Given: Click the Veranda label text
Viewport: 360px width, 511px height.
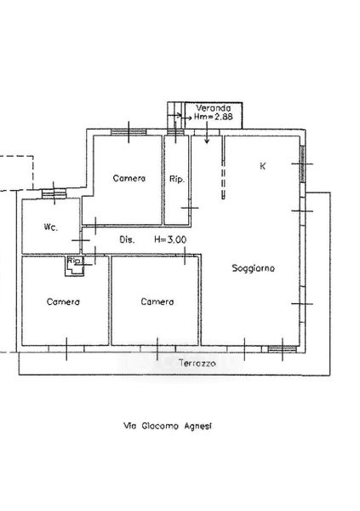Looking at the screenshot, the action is pyautogui.click(x=214, y=108).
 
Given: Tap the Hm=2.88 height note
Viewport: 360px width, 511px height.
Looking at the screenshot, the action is pyautogui.click(x=214, y=117).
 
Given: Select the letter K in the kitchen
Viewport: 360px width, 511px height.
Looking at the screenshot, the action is pyautogui.click(x=263, y=166).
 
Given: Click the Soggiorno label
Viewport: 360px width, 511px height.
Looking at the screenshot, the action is pyautogui.click(x=253, y=268).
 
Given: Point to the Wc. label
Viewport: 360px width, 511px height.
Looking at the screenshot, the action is pyautogui.click(x=51, y=227).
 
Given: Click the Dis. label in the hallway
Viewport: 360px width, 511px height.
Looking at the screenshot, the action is pyautogui.click(x=127, y=240).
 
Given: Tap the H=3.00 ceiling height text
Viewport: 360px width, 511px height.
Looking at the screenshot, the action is pyautogui.click(x=170, y=240).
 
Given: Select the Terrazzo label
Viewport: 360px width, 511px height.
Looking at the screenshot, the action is pyautogui.click(x=197, y=364).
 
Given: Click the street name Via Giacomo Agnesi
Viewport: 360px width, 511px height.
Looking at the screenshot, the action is pyautogui.click(x=168, y=426).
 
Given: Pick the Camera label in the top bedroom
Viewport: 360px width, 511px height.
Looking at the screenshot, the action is pyautogui.click(x=129, y=178).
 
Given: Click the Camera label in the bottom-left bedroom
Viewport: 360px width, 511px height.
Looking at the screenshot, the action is pyautogui.click(x=63, y=301).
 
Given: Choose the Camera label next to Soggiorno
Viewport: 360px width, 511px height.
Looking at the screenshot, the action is pyautogui.click(x=157, y=301).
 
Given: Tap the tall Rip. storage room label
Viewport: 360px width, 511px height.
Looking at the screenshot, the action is pyautogui.click(x=177, y=179).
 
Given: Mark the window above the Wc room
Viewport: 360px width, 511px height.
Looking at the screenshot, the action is pyautogui.click(x=54, y=194).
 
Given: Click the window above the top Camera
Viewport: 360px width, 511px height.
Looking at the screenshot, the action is pyautogui.click(x=129, y=132).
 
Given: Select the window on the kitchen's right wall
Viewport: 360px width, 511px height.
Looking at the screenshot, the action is pyautogui.click(x=302, y=164).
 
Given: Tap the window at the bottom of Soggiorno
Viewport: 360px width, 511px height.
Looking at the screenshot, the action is pyautogui.click(x=283, y=349).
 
